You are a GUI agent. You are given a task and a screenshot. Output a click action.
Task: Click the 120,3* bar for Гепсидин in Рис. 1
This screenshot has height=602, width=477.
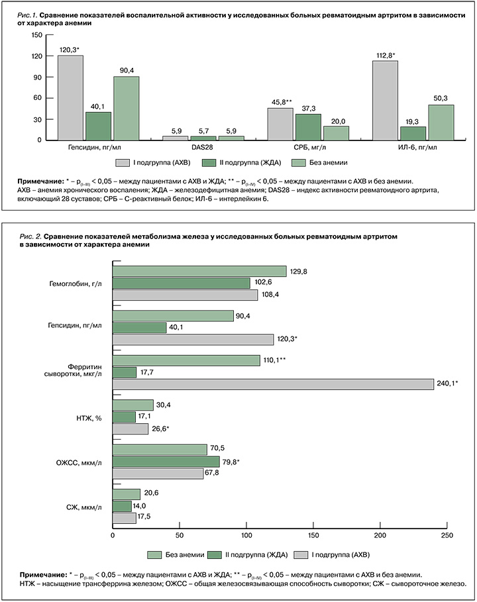[x=70, y=97]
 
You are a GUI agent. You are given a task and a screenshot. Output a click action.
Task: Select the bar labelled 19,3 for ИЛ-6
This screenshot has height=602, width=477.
[x=412, y=133]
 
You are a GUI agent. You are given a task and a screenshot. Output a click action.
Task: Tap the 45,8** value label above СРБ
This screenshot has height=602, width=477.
[x=280, y=103]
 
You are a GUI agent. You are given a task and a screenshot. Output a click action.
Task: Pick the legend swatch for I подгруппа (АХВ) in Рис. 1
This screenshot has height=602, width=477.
[x=123, y=162]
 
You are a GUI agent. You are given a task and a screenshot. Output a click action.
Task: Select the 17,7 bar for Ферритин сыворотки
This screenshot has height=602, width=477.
[x=125, y=373]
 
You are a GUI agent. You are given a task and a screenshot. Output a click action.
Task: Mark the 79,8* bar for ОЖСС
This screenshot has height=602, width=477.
[x=166, y=462]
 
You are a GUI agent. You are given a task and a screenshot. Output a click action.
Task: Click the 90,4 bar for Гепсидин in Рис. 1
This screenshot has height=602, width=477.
[x=126, y=108]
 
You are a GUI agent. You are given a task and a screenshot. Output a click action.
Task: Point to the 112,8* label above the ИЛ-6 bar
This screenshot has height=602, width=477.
[x=386, y=56]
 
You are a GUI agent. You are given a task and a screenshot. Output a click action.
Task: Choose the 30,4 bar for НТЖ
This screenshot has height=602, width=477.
[x=133, y=405]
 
